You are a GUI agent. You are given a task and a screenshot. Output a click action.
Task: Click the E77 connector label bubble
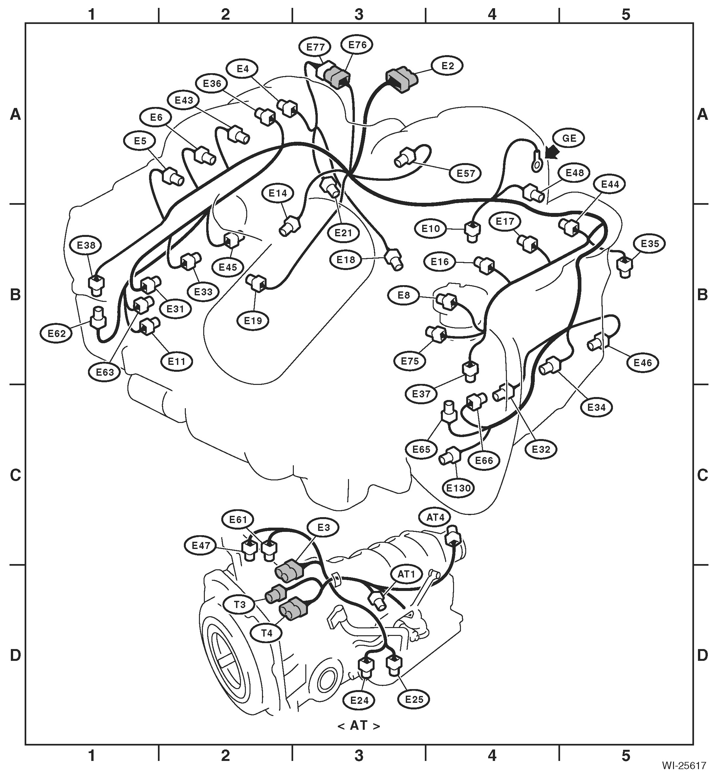coord(315,47)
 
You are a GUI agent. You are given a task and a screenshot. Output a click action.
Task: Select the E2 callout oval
coord(448,66)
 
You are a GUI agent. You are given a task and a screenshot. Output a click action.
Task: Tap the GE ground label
coord(569,138)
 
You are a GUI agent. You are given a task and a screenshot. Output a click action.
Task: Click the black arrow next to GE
coord(553,153)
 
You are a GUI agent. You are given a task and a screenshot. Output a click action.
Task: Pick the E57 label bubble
coord(466,173)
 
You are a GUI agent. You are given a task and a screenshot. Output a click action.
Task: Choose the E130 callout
coord(459,488)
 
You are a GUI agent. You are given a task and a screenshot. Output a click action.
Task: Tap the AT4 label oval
coord(435,517)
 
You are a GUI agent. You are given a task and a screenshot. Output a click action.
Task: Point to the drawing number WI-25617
coord(684,766)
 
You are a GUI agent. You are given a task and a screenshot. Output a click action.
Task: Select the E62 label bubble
coord(57,333)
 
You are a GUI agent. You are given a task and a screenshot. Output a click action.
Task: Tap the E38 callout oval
coord(86,245)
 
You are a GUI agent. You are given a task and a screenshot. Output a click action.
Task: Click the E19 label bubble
coord(253,321)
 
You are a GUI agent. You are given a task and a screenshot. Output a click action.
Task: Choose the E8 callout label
coord(404,295)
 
